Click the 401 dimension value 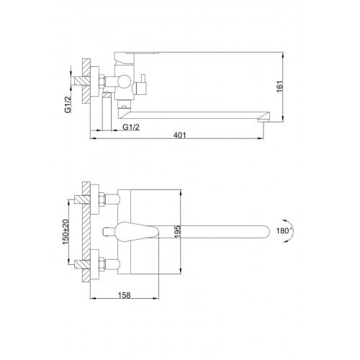[180, 135]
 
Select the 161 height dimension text [280, 86]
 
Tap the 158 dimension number [125, 295]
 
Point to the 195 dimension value [178, 232]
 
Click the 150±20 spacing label [66, 232]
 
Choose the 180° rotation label [284, 231]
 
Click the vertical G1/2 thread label [68, 104]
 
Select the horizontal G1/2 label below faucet [131, 127]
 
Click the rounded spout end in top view [265, 232]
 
